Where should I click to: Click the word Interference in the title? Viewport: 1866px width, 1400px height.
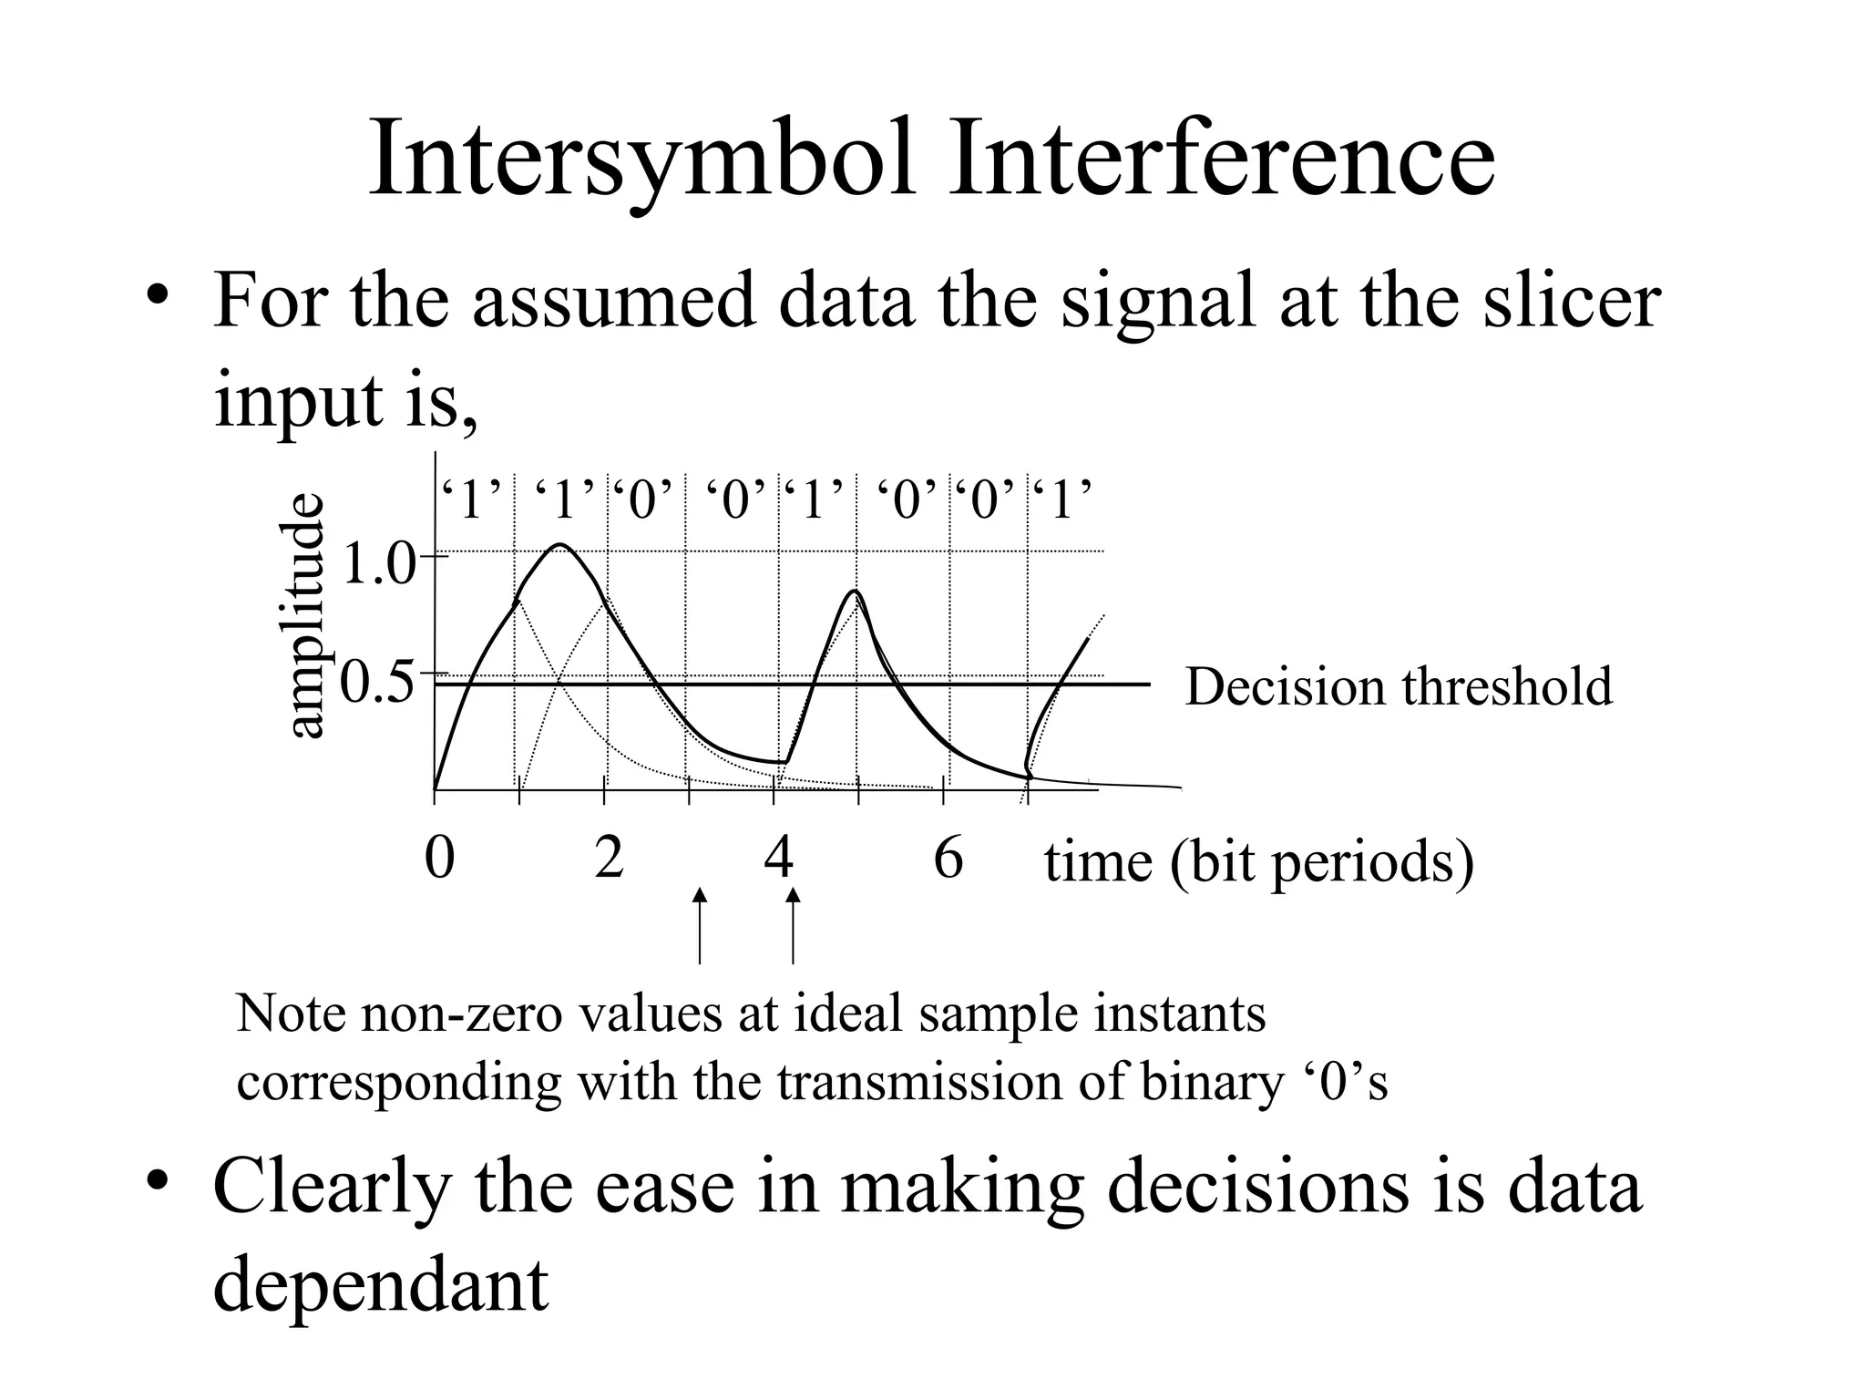(1221, 160)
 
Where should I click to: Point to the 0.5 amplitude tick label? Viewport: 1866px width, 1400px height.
(377, 684)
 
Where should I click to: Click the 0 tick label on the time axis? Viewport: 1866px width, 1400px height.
(439, 858)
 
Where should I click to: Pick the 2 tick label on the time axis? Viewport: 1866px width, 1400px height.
(609, 858)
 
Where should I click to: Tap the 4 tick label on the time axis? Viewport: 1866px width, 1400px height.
(778, 858)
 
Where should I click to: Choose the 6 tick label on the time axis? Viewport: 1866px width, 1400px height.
(948, 858)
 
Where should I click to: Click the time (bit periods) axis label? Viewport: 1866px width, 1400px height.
(1258, 862)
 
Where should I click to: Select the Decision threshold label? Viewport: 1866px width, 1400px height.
(1399, 686)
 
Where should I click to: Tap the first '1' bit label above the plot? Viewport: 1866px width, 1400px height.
(472, 500)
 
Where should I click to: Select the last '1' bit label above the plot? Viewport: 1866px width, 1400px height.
(1062, 500)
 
